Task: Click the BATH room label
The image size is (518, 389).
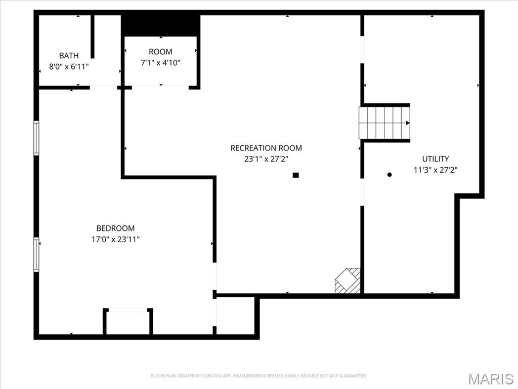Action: [x=69, y=55]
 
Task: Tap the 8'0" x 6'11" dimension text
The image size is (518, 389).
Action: [x=69, y=66]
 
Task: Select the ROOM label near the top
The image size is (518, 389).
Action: [x=160, y=52]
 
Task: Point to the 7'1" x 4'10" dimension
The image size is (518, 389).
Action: [x=160, y=62]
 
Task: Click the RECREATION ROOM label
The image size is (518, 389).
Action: [x=266, y=148]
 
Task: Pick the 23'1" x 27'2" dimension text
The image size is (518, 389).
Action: [x=266, y=159]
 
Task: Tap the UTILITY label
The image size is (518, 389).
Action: [x=436, y=159]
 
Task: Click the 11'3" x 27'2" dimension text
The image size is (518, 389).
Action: [x=436, y=170]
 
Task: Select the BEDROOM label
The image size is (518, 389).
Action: [x=115, y=228]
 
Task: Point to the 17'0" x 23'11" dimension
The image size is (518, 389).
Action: [x=115, y=239]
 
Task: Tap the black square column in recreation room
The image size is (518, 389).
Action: [x=295, y=175]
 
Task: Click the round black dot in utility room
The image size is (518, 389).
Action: [x=390, y=175]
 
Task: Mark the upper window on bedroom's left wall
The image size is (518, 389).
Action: [x=36, y=138]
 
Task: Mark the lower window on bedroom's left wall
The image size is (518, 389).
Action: [x=36, y=255]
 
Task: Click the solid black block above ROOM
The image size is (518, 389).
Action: [x=160, y=25]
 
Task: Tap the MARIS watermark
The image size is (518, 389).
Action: [x=491, y=379]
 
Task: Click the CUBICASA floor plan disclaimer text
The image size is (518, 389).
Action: [x=259, y=376]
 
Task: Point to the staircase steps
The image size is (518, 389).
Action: [x=384, y=123]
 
